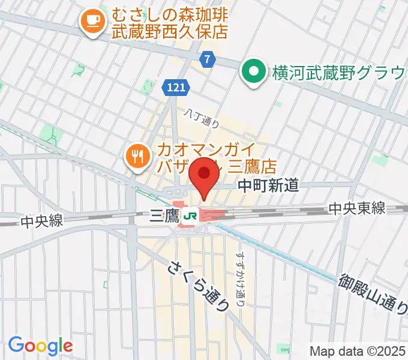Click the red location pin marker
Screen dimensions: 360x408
coord(204,173)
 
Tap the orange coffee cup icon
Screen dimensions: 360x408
coord(92,22)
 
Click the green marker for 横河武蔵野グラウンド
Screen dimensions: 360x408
coord(253,73)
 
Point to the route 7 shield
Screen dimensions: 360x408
coord(207,59)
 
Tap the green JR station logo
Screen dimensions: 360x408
coord(192,216)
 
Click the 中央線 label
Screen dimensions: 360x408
coord(41,221)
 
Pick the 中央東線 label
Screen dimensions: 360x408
coord(356,208)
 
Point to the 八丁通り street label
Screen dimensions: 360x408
coord(202,117)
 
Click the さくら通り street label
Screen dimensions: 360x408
coord(200,286)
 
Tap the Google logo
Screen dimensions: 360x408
coord(40,345)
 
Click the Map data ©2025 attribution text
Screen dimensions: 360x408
coord(358,350)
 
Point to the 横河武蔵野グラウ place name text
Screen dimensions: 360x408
coord(339,73)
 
